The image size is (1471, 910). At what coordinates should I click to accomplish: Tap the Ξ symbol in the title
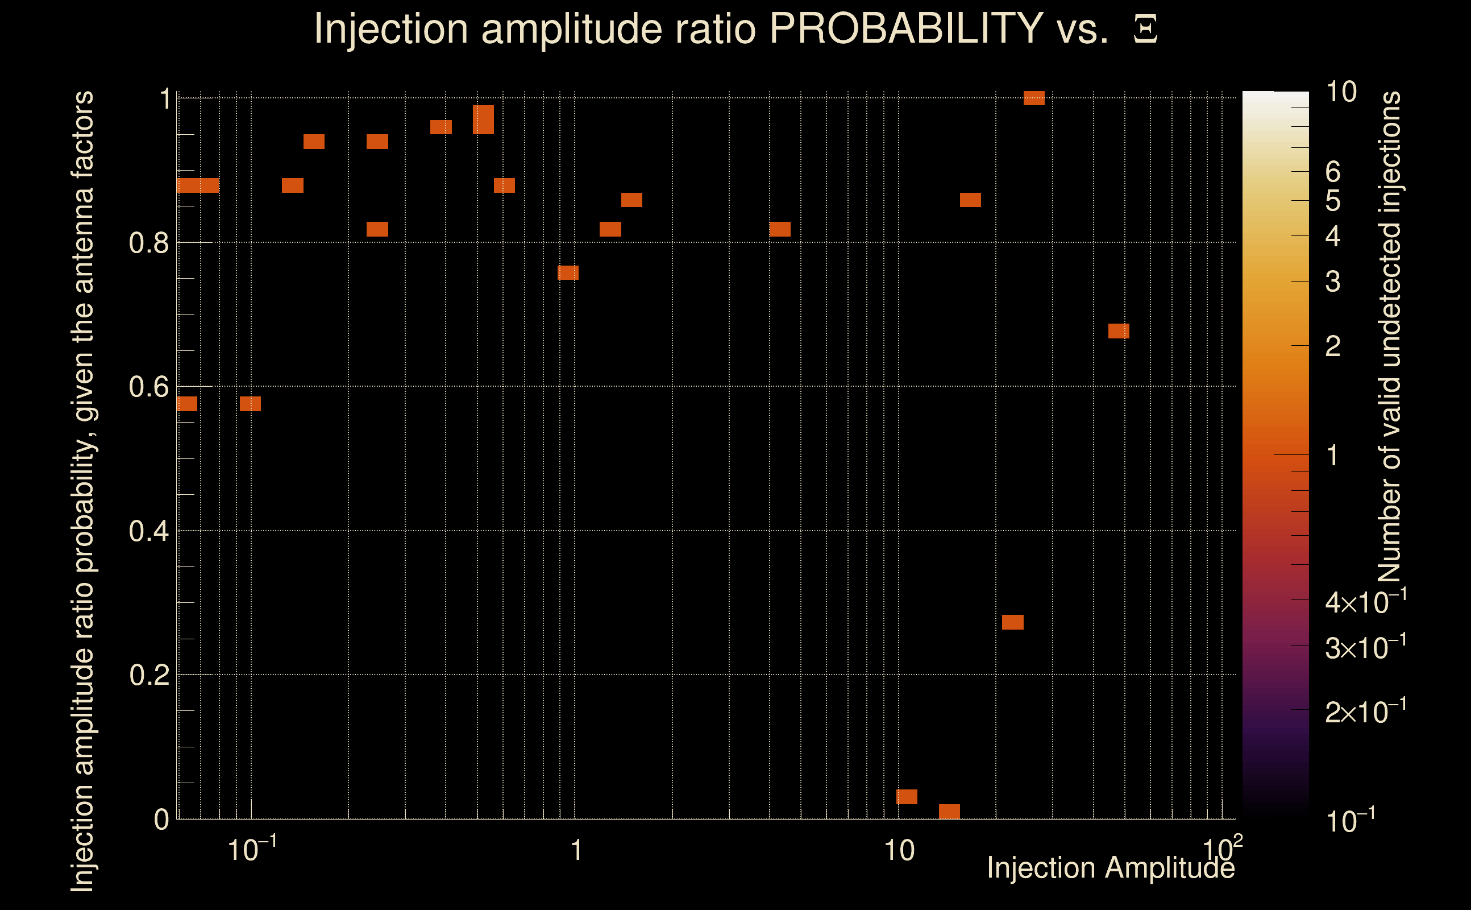click(x=1145, y=30)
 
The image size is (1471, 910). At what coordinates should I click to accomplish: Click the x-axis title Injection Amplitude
click(x=1111, y=867)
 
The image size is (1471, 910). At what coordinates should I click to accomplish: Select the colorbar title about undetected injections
click(x=1389, y=337)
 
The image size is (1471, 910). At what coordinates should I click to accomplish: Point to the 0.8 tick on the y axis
click(x=149, y=243)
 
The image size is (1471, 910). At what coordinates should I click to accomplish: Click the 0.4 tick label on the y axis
click(x=149, y=531)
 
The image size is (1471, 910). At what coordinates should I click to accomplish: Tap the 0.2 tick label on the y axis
click(x=149, y=675)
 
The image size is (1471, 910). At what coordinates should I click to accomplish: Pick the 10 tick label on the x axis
click(x=899, y=850)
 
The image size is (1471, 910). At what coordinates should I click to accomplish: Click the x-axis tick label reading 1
click(x=576, y=850)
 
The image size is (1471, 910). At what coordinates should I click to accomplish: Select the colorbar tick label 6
click(x=1333, y=172)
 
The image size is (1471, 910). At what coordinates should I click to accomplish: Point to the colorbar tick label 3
click(x=1333, y=282)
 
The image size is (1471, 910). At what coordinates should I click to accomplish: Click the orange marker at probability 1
click(x=1034, y=97)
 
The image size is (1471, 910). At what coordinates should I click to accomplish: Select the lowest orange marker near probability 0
click(x=949, y=811)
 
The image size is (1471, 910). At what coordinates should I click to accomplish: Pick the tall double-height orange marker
click(x=483, y=119)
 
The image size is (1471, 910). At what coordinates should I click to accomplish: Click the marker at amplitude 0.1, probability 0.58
click(x=250, y=404)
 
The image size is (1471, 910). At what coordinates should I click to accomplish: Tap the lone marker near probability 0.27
click(x=1013, y=622)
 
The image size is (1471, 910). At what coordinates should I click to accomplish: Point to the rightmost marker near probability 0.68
click(x=1119, y=331)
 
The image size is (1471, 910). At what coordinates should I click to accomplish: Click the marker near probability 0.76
click(x=568, y=272)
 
